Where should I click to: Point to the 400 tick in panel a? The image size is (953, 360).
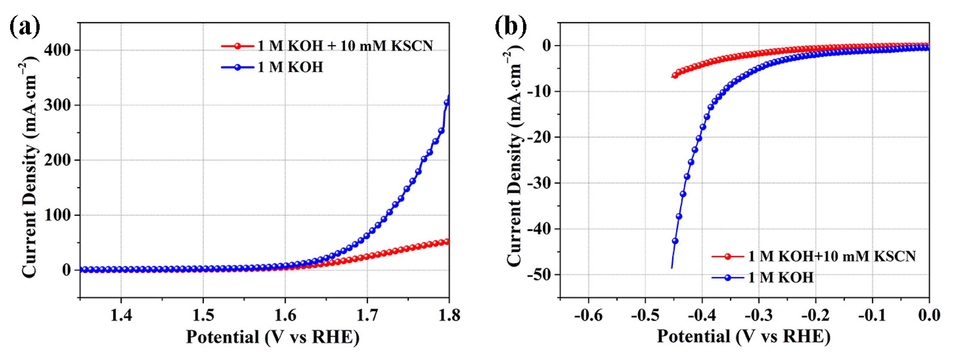[57, 50]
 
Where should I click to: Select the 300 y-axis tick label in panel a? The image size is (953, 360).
[57, 106]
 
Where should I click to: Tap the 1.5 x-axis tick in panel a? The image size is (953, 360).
[203, 316]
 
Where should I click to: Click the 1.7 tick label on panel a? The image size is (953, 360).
[367, 316]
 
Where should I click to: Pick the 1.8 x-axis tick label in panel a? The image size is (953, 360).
[449, 316]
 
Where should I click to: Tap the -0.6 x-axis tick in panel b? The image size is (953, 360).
[588, 316]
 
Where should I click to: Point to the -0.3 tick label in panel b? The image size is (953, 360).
[758, 316]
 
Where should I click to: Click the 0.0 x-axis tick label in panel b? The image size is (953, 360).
[929, 316]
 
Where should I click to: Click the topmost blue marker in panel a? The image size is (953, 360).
[447, 103]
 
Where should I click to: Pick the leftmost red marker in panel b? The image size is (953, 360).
[675, 75]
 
